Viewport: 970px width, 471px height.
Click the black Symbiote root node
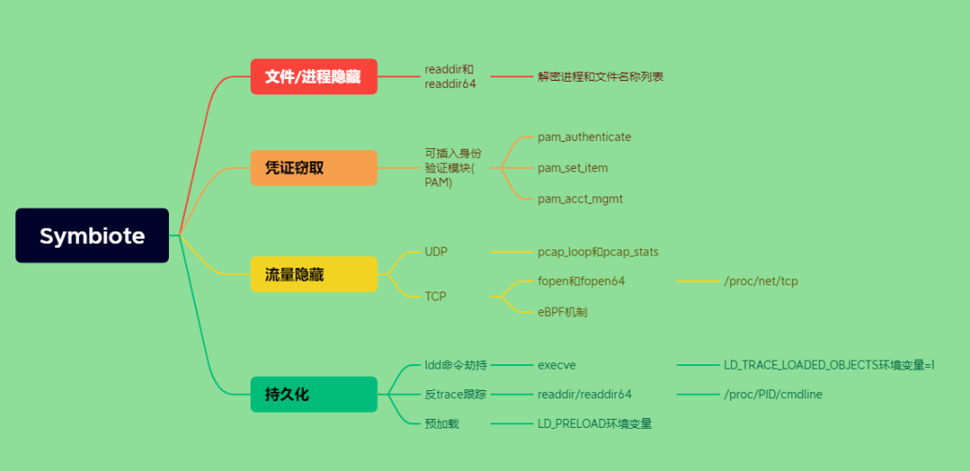92,236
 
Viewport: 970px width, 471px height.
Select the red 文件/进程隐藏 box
313,76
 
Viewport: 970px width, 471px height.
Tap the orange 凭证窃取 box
313,168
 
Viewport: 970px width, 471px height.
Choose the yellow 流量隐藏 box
313,274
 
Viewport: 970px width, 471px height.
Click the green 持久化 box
313,394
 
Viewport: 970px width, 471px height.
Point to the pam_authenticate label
584,137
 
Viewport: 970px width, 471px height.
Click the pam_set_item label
572,168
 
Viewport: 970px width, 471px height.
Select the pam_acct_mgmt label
579,198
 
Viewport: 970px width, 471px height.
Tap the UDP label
436,252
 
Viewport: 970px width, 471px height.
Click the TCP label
435,296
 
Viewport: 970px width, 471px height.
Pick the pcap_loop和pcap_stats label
597,252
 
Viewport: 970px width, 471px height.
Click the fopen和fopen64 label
581,281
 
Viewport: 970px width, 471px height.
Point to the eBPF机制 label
562,312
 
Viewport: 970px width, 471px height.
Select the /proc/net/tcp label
760,281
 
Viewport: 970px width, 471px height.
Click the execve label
557,365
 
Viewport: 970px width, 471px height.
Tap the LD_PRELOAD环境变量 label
595,423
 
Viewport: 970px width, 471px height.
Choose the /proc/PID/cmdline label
772,394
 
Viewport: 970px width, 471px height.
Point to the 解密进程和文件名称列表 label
600,77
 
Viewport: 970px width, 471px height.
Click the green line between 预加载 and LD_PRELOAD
511,423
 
